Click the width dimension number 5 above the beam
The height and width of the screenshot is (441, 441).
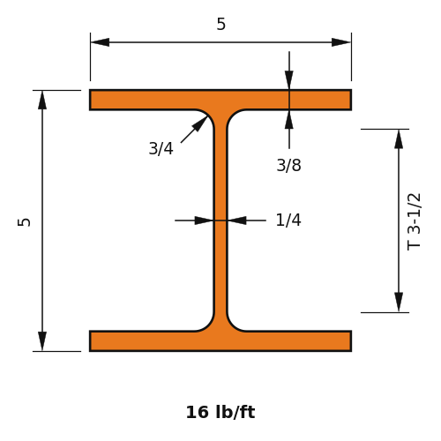point(221,24)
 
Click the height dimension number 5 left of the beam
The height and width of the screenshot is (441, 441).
point(25,222)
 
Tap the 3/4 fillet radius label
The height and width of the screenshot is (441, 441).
point(161,148)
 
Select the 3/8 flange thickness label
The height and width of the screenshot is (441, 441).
point(288,165)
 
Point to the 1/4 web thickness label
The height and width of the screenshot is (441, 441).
point(288,220)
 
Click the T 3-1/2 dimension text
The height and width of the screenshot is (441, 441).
point(414,221)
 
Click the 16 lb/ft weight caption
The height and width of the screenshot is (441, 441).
point(220,412)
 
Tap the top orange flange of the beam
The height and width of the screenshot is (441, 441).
point(220,100)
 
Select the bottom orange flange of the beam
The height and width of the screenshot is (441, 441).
point(220,341)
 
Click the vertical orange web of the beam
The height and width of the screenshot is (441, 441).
point(220,220)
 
